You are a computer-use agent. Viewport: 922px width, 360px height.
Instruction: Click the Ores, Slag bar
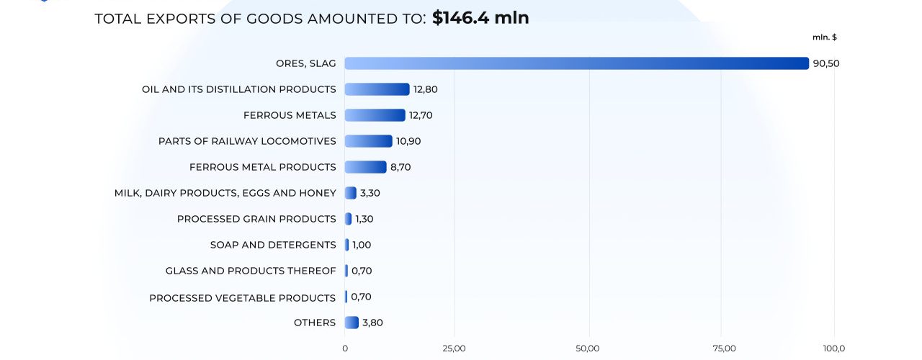[576, 63]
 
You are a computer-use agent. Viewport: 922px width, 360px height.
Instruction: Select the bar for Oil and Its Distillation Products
[377, 89]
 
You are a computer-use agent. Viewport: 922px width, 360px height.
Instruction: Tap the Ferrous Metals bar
[375, 115]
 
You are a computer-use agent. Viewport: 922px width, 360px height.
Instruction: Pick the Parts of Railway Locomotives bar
[368, 141]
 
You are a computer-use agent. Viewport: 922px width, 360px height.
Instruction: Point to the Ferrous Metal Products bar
[365, 167]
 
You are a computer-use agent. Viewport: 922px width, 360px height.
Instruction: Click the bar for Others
[352, 323]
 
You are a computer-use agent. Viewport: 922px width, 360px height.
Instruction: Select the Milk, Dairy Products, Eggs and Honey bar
[351, 193]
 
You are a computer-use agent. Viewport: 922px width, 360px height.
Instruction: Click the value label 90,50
[826, 63]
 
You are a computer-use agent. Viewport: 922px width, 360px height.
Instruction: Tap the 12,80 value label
[425, 89]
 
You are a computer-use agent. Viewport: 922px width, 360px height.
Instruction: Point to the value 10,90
[408, 141]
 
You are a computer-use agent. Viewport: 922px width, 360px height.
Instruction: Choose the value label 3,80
[372, 323]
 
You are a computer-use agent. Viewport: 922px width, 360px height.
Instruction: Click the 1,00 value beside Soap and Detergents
[362, 245]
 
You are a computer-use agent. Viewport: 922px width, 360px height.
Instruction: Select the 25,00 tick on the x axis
[454, 348]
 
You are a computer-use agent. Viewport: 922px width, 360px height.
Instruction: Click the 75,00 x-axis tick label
[724, 348]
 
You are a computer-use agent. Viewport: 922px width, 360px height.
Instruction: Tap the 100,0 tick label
[835, 348]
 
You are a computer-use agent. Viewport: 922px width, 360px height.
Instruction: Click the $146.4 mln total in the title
[480, 18]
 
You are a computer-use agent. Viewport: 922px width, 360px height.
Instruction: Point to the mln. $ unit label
[824, 37]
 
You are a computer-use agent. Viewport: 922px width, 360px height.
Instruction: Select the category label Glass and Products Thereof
[251, 271]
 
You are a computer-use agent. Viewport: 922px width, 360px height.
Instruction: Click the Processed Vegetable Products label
[243, 297]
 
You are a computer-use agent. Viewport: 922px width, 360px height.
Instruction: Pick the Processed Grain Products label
[256, 219]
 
